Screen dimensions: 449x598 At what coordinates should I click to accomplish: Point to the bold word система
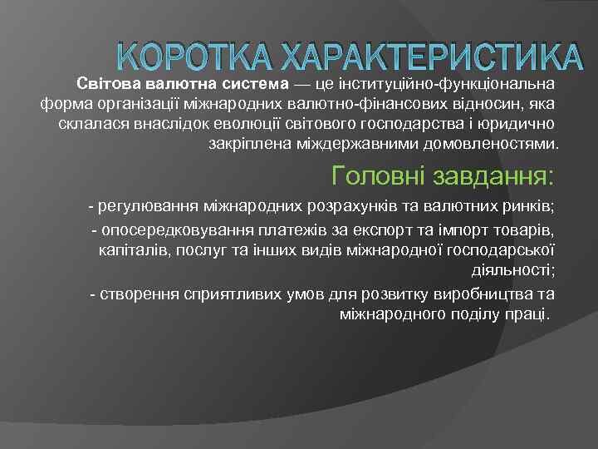point(257,84)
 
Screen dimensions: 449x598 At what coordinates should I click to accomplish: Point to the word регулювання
point(140,205)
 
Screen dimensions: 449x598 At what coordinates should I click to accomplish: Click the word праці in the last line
point(526,313)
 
